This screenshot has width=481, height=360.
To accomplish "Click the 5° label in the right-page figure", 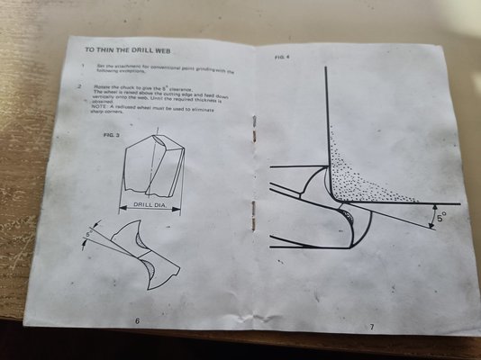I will tap(440, 217).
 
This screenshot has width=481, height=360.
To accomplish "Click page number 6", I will tap(136, 320).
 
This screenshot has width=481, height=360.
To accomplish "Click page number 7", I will tap(370, 326).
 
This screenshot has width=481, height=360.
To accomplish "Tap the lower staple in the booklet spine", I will tap(252, 213).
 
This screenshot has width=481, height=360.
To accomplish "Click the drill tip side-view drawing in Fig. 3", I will tap(152, 167).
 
